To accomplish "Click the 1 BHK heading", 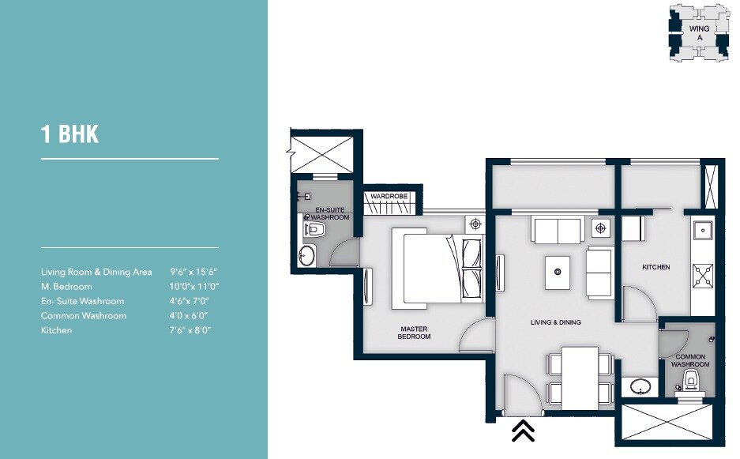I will [x=70, y=134].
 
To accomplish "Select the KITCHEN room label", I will [x=655, y=268].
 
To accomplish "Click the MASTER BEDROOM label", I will [x=414, y=333].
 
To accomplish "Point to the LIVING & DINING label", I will [x=555, y=322].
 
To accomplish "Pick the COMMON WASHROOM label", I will [x=690, y=361].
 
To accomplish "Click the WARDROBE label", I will [x=388, y=196].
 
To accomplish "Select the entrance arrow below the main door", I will [x=523, y=431].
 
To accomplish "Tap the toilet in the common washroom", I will [x=693, y=384].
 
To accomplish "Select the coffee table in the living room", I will [x=558, y=273].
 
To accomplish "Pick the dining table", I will [x=580, y=374].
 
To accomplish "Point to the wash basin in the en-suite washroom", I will [x=306, y=257].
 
